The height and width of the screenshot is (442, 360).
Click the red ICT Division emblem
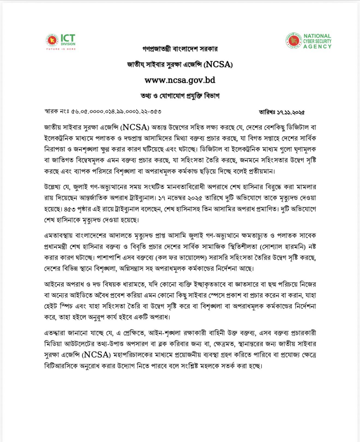(x=52, y=40)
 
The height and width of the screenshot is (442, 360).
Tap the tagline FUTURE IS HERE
(x=61, y=49)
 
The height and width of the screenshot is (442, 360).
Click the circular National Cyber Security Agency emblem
(x=293, y=41)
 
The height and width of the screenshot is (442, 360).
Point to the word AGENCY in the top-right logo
(x=317, y=47)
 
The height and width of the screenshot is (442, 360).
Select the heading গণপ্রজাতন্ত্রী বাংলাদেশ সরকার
(x=180, y=49)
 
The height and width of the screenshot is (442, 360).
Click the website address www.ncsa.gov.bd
(x=180, y=80)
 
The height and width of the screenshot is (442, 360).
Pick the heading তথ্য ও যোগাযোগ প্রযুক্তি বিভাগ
(x=180, y=96)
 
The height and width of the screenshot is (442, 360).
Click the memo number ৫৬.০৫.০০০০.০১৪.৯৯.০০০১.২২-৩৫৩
(x=116, y=112)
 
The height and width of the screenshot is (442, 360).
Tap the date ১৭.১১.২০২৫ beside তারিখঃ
(x=291, y=112)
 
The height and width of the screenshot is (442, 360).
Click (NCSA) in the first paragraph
(x=135, y=127)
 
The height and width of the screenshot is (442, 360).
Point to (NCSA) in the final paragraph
(x=97, y=355)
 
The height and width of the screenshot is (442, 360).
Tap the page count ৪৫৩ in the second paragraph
(x=68, y=209)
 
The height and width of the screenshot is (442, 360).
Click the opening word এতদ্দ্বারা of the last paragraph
(x=56, y=333)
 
